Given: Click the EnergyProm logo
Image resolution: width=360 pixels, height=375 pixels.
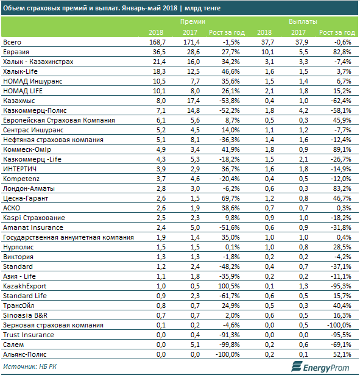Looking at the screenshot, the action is (320, 367).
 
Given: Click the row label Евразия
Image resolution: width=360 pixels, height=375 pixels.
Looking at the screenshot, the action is (16, 52).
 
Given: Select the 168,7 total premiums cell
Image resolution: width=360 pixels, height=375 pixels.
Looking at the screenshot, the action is (157, 42).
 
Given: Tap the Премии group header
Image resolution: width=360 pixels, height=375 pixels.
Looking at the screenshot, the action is (192, 21).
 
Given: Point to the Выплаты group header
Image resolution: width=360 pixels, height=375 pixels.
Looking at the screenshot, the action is (303, 21).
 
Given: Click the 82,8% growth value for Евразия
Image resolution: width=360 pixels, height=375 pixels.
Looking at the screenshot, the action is (342, 52).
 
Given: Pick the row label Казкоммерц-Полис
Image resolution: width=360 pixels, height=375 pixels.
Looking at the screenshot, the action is (35, 110).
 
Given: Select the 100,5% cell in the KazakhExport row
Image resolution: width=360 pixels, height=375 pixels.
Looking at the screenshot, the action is (228, 286).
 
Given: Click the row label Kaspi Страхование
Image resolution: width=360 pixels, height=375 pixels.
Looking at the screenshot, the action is (34, 218).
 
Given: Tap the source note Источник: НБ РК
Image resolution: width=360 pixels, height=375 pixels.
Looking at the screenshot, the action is (30, 366).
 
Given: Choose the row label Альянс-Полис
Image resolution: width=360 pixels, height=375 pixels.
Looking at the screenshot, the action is (24, 354).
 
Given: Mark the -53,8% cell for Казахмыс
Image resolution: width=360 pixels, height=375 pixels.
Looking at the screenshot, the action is (229, 101).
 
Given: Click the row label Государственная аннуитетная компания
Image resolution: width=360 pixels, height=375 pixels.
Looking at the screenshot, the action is (68, 237).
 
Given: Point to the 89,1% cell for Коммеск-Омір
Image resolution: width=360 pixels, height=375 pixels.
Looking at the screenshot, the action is (342, 149).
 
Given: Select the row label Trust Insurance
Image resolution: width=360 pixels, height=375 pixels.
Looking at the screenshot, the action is (29, 335).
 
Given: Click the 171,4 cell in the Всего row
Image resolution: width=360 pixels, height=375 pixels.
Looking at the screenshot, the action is (191, 42).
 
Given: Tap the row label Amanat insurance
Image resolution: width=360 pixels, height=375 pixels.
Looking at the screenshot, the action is (33, 227).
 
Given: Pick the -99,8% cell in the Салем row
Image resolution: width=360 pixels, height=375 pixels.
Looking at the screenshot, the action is (229, 345).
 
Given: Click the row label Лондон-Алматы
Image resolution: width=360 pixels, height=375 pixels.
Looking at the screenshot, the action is (29, 188).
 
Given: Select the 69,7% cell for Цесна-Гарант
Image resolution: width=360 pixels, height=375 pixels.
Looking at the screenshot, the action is (230, 198).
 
